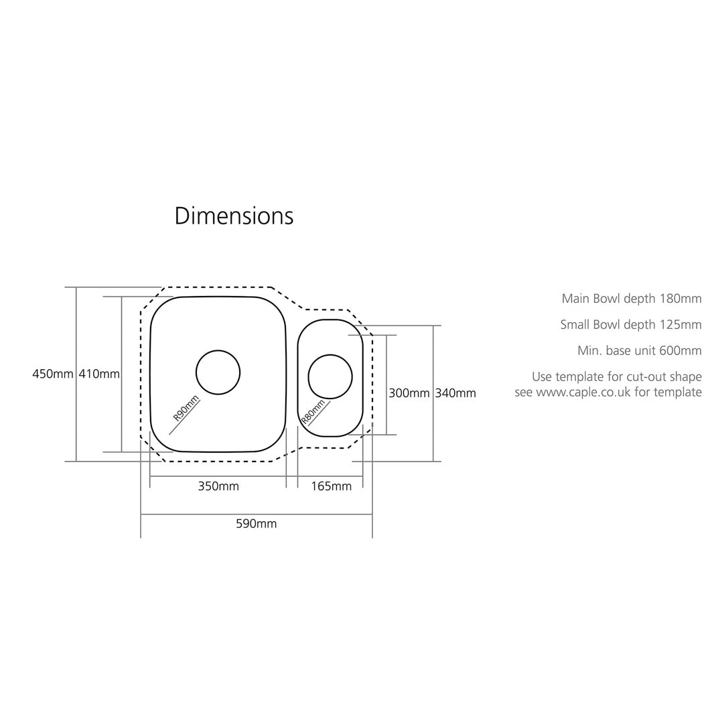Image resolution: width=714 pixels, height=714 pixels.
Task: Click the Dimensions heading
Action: coord(234,216)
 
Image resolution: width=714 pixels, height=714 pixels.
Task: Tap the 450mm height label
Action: coord(52,374)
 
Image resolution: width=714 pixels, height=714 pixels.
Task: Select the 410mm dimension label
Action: coord(99,374)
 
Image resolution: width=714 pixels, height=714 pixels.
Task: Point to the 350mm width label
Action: coord(218,486)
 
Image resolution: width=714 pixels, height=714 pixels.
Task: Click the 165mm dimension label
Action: coord(331,486)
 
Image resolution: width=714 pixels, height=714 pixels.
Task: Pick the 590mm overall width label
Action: coord(256,524)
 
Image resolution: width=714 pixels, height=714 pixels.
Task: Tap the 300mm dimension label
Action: coord(409,393)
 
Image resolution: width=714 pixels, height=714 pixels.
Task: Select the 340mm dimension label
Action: coord(455,393)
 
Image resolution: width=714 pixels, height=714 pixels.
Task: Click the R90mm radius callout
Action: coord(186,408)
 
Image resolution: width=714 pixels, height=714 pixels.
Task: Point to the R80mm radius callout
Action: coord(313,411)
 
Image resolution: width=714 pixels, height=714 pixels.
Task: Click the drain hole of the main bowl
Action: coord(218,372)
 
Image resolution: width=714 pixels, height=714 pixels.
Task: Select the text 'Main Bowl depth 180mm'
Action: coord(631,299)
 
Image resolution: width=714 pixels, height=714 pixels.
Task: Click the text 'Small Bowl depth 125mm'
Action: coord(630,325)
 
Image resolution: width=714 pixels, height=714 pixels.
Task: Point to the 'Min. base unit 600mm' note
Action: coord(639,350)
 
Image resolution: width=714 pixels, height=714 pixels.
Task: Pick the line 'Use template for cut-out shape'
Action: coord(616,377)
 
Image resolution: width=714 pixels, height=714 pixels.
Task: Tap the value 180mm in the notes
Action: coord(681,299)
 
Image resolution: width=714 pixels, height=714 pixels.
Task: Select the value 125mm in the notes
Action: coord(681,325)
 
